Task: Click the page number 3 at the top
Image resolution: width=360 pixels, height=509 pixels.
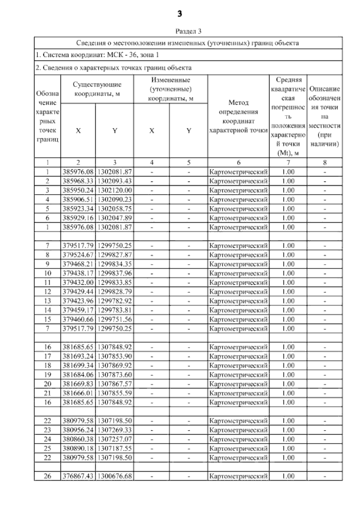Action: click(180, 14)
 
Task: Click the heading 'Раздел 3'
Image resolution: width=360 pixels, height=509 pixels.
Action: click(188, 31)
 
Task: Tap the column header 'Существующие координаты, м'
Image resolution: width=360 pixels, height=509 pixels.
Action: click(97, 89)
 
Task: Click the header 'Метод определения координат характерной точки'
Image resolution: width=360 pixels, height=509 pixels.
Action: click(238, 116)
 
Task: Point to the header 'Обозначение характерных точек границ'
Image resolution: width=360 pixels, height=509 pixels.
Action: click(47, 116)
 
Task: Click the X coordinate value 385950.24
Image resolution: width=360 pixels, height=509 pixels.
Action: click(78, 190)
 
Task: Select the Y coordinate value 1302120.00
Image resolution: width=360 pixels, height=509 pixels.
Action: click(115, 190)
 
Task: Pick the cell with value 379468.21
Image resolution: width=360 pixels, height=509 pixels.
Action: click(78, 264)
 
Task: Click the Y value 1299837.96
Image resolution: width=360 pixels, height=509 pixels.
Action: click(115, 274)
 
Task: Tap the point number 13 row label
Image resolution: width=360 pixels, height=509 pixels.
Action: click(47, 301)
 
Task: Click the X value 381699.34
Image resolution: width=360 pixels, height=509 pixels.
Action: click(78, 366)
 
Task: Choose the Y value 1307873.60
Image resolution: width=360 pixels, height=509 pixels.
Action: click(115, 375)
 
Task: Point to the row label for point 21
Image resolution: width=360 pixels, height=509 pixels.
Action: click(47, 393)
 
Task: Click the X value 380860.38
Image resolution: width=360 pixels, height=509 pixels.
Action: click(78, 439)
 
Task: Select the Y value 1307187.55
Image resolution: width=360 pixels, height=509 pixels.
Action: click(115, 449)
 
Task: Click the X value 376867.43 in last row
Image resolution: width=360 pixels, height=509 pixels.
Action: click(78, 476)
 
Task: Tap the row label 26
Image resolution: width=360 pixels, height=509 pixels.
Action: click(47, 476)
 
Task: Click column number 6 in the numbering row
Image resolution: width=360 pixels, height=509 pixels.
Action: click(238, 163)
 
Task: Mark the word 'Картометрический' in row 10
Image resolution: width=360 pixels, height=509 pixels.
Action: click(238, 274)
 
